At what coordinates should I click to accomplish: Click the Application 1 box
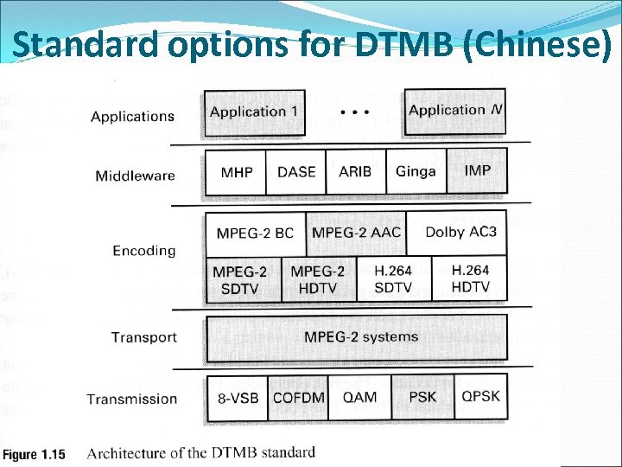click(255, 112)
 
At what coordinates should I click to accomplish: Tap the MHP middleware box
click(236, 172)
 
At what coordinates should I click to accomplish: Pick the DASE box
click(296, 172)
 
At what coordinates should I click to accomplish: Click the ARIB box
click(356, 172)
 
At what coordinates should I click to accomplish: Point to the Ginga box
click(416, 171)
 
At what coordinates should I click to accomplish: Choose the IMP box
click(478, 170)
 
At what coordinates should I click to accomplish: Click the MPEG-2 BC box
click(255, 233)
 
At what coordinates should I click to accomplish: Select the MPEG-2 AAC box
click(356, 233)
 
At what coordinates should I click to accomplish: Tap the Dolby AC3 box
click(460, 232)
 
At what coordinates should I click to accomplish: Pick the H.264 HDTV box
click(470, 278)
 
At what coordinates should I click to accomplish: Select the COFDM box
click(299, 398)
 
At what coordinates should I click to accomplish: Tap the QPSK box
click(481, 396)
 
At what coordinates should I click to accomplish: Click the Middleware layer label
click(135, 176)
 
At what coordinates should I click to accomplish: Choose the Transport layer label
click(143, 337)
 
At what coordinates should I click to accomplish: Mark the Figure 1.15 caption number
click(35, 454)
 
